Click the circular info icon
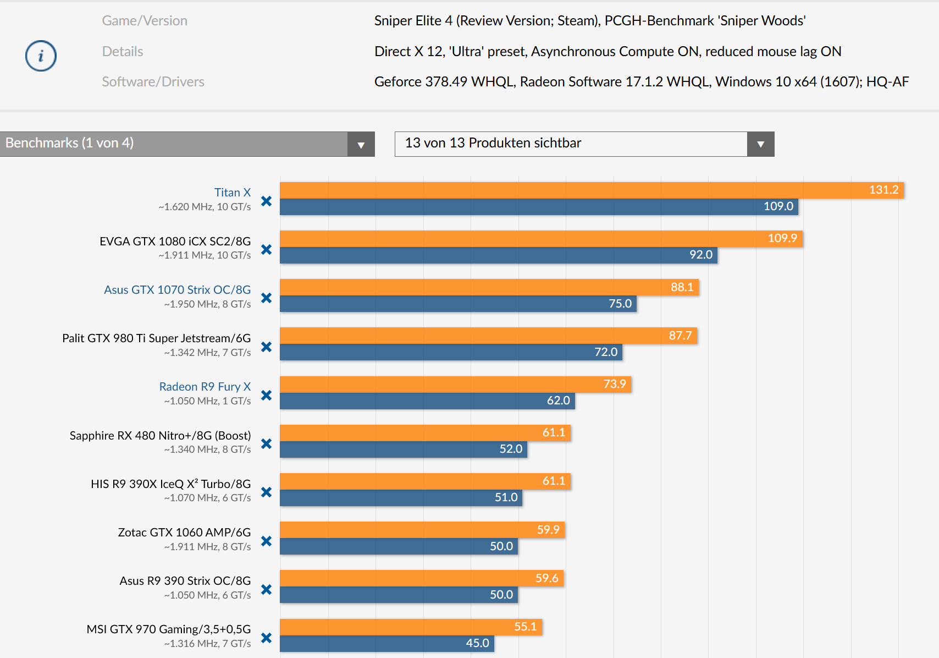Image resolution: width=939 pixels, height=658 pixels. [41, 56]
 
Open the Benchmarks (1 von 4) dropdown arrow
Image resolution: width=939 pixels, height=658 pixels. [361, 144]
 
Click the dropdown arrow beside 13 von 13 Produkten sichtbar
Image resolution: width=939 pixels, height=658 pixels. [760, 144]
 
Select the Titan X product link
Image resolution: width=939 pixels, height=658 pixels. [232, 192]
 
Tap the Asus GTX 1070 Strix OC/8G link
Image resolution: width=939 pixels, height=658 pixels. [177, 289]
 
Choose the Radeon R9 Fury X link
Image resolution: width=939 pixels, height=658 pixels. [205, 386]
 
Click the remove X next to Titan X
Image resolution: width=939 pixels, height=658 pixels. [267, 201]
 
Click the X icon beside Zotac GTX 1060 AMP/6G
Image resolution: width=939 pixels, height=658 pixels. [267, 541]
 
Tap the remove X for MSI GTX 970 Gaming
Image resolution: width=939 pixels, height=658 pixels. [267, 638]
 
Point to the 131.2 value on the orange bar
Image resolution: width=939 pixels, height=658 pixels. [883, 190]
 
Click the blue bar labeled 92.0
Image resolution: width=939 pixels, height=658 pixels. [498, 255]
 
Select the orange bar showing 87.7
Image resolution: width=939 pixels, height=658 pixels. [488, 336]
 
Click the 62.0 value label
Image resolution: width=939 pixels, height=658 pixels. [558, 401]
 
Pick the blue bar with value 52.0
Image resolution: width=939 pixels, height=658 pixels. [403, 449]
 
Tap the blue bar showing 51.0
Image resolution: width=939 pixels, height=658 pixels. [401, 498]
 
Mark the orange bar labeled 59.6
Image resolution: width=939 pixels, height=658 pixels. [422, 578]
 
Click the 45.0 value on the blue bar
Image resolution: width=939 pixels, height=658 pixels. [477, 643]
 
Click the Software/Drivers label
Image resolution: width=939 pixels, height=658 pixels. [153, 81]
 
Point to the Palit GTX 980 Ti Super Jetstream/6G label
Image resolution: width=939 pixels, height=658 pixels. [156, 338]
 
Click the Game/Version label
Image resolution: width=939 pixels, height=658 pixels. [145, 20]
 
